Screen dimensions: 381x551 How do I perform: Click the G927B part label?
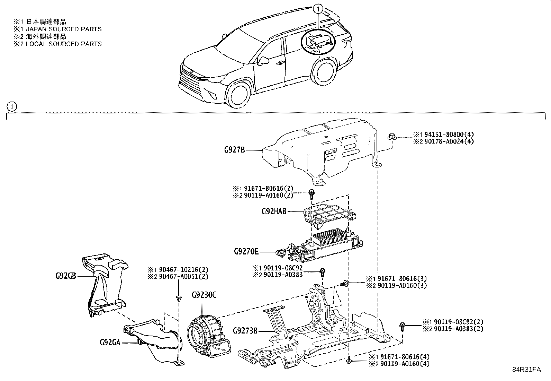pyautogui.click(x=234, y=150)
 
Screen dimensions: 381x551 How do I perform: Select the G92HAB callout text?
pyautogui.click(x=274, y=211)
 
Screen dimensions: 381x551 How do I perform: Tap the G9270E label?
pyautogui.click(x=246, y=252)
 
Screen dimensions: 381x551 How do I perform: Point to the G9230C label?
pyautogui.click(x=204, y=295)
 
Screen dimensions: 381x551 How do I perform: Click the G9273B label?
pyautogui.click(x=245, y=331)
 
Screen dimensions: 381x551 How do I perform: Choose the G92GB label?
pyautogui.click(x=66, y=276)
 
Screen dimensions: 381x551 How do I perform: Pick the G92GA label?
pyautogui.click(x=110, y=342)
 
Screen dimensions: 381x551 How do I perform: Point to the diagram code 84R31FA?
pyautogui.click(x=526, y=370)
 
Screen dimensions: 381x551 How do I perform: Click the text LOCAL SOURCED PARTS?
pyautogui.click(x=64, y=44)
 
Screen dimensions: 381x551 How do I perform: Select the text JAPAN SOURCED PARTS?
pyautogui.click(x=64, y=29)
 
